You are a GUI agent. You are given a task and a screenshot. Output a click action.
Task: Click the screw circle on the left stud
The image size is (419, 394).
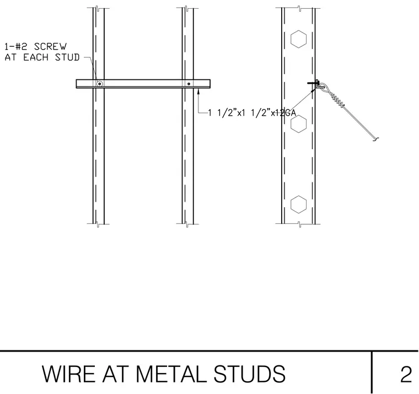pyautogui.click(x=99, y=84)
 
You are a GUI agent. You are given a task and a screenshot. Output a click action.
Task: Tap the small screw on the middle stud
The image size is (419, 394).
pyautogui.click(x=189, y=84)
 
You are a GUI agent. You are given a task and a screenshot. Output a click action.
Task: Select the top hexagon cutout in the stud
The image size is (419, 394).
pyautogui.click(x=298, y=39)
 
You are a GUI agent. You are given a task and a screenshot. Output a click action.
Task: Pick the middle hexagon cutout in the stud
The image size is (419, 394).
pyautogui.click(x=298, y=123)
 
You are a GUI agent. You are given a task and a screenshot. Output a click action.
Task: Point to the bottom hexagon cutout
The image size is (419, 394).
pyautogui.click(x=298, y=204)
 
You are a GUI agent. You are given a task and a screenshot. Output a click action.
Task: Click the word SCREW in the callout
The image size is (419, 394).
pyautogui.click(x=50, y=46)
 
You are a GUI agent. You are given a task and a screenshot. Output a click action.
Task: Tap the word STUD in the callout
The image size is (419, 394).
pyautogui.click(x=67, y=57)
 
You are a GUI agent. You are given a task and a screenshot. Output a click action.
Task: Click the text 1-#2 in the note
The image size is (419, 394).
pyautogui.click(x=16, y=46)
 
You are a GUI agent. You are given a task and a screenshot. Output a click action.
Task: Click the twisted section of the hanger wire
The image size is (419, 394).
pyautogui.click(x=337, y=99)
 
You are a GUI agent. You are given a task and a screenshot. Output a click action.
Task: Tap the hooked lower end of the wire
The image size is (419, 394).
pyautogui.click(x=375, y=139)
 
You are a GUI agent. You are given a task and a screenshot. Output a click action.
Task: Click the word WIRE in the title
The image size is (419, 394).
pyautogui.click(x=69, y=374)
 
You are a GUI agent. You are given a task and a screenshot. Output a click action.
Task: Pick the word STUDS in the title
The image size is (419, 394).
pyautogui.click(x=249, y=374)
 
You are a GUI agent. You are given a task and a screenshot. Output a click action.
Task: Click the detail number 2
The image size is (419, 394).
pyautogui.click(x=406, y=374)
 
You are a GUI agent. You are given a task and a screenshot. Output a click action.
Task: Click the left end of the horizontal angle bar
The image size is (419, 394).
pyautogui.click(x=77, y=84)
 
